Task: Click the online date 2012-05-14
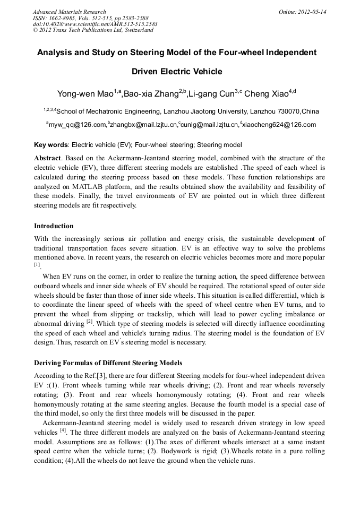313,12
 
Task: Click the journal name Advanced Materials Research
69,12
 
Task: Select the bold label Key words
50,144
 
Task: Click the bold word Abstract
48,158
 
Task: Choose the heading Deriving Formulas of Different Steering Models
108,363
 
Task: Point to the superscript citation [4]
63,430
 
